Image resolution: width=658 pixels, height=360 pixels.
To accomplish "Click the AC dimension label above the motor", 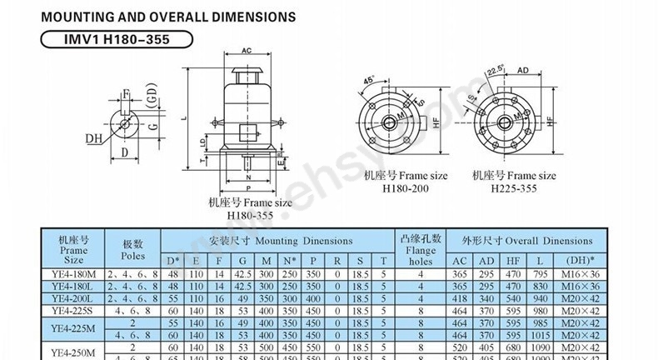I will pyautogui.click(x=247, y=52).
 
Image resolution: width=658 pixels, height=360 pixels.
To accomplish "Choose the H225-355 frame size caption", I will pyautogui.click(x=514, y=189).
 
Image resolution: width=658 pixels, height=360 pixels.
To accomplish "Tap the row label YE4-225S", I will pyautogui.click(x=73, y=309).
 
